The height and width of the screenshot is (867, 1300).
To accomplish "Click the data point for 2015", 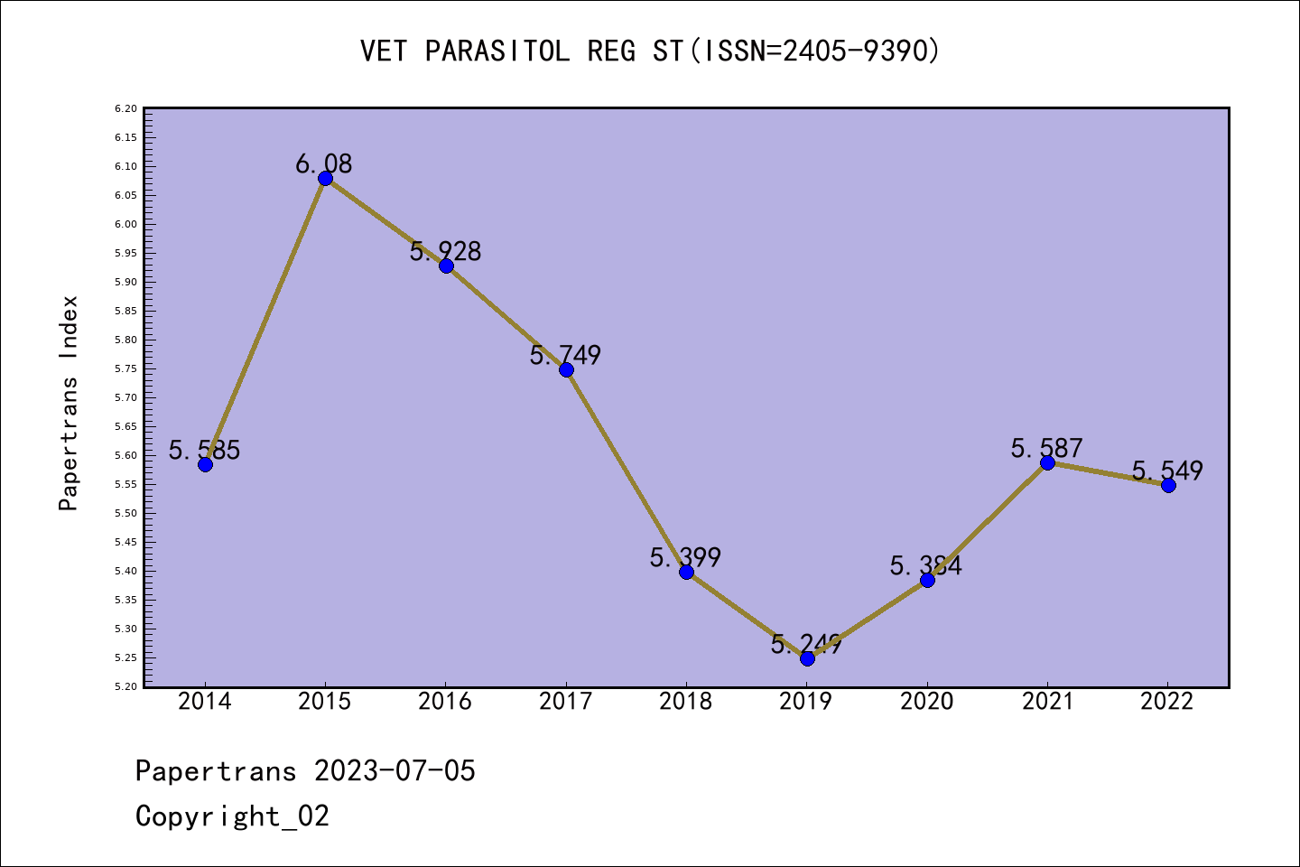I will (x=325, y=178).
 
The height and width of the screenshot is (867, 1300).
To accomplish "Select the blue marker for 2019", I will (x=807, y=658).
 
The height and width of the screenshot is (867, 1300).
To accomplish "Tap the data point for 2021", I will (x=1047, y=462).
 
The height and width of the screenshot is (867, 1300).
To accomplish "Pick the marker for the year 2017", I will (x=566, y=369).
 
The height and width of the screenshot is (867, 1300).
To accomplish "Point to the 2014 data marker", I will (x=205, y=464).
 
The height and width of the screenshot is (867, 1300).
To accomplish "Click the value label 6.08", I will (x=324, y=164).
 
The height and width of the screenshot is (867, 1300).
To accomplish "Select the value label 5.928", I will (x=445, y=251).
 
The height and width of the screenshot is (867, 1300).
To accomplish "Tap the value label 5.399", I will (x=685, y=558).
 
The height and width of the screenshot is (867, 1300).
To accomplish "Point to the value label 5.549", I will (x=1167, y=471).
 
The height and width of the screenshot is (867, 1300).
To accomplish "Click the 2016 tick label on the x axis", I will (x=445, y=702).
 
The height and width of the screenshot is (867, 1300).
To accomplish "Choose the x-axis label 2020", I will (x=927, y=702).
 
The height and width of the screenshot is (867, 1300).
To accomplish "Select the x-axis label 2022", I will (x=1167, y=702).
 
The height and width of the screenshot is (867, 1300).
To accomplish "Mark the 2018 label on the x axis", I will (x=686, y=702).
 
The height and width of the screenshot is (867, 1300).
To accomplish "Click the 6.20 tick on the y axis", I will (x=125, y=108).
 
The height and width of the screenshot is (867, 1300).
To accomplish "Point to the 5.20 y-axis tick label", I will (x=125, y=686).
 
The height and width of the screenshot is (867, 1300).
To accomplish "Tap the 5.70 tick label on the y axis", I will (x=125, y=397).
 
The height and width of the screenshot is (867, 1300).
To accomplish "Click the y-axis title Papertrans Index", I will (x=69, y=403).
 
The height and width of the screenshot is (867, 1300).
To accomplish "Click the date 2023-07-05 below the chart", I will (x=395, y=771).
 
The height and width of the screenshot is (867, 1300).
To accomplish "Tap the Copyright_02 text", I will (x=232, y=816).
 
